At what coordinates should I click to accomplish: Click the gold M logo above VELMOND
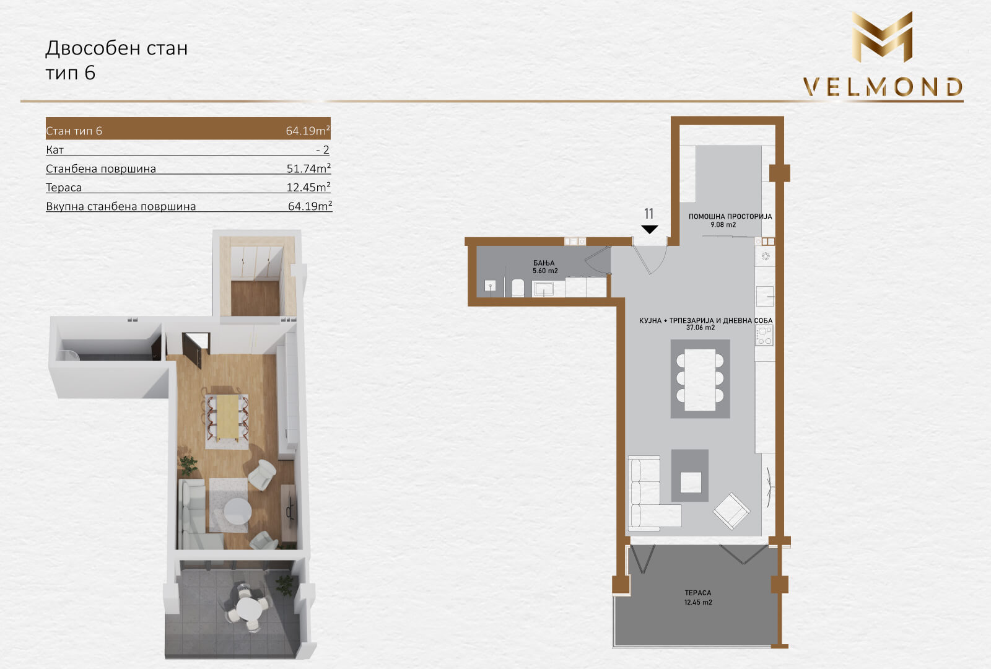pos(882,37)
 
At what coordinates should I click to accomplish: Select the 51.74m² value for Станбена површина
pos(308,168)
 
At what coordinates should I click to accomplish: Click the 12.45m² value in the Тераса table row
pos(308,186)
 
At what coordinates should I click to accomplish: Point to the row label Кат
pos(55,149)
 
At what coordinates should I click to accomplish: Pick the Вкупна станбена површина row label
pos(121,206)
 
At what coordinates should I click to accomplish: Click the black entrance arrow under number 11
pos(650,229)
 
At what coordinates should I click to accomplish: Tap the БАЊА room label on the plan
pos(544,263)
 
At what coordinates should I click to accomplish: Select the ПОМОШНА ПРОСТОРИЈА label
pos(730,216)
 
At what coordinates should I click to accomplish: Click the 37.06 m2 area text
pos(701,328)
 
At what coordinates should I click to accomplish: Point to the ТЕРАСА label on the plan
pos(698,592)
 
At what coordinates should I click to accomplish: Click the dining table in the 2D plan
pos(700,380)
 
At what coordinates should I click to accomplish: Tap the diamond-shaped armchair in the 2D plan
pos(731,511)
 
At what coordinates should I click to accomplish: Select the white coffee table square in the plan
pos(691,483)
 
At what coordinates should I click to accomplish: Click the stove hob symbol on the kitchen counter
pos(764,335)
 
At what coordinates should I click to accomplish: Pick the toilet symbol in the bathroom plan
pos(518,287)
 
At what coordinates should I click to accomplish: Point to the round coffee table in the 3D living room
pos(238,512)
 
